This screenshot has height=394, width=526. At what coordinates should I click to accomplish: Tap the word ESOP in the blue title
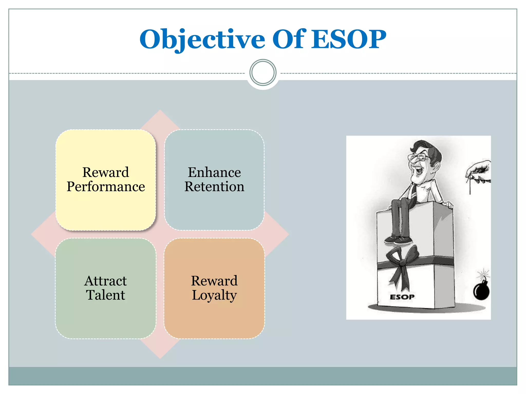coord(349,39)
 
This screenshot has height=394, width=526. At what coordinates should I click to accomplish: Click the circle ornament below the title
coord(263,73)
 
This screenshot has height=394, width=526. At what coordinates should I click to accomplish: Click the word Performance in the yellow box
coord(106,186)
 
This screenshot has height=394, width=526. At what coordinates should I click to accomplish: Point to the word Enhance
coord(214,172)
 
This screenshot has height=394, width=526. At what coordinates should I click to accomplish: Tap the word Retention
coord(214,186)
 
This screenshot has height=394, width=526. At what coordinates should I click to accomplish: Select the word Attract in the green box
coord(106,281)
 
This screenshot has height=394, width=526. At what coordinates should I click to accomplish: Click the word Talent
coord(106,295)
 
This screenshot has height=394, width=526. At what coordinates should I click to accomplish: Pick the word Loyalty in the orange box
coord(214,295)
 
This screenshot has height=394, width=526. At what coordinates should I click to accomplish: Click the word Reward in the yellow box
coord(106,172)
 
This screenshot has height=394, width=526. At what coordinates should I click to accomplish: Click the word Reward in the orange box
coord(214,281)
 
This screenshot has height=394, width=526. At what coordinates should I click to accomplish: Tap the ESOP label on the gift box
coord(402,297)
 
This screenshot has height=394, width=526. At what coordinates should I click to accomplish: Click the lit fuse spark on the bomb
coord(484,274)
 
